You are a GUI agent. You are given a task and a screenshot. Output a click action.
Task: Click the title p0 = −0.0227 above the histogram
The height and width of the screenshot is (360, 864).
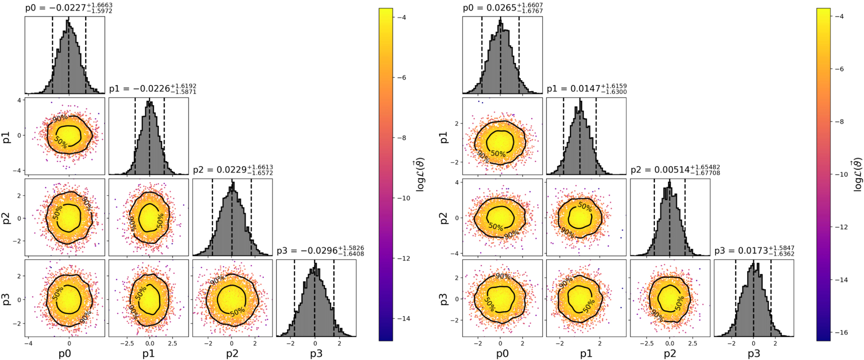69,8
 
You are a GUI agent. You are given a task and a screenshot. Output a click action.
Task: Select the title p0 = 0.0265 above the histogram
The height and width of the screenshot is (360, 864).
502,8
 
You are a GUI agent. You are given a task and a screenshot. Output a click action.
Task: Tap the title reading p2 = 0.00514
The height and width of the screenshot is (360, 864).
675,170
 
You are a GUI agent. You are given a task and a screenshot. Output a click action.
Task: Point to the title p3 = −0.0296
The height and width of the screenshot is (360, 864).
320,251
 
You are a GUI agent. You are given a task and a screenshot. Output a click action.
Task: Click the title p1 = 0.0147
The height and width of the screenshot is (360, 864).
586,88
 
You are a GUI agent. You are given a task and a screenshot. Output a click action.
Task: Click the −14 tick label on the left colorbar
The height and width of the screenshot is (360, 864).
403,318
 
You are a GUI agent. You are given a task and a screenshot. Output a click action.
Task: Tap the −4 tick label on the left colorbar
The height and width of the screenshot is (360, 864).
402,17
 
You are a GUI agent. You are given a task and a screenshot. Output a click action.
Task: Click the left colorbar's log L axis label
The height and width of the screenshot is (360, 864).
420,174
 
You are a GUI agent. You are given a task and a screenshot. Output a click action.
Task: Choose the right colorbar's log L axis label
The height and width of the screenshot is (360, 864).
857,174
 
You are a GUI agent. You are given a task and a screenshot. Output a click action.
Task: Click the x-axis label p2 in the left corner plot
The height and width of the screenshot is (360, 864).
232,353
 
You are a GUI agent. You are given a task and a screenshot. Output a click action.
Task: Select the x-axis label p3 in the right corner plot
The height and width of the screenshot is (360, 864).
754,353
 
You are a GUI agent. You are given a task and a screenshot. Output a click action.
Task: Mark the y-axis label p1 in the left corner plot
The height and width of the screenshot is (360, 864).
7,137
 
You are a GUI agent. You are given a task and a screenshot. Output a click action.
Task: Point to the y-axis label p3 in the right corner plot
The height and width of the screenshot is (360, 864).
444,299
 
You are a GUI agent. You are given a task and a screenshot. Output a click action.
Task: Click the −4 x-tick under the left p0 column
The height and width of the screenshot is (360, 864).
28,344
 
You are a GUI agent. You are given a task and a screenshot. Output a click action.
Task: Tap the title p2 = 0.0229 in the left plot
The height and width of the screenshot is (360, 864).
233,170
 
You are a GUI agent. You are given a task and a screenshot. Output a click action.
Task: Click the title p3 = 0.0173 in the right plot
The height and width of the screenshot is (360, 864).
754,251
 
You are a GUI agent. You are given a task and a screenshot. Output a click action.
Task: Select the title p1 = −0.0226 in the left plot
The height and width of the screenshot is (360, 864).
153,88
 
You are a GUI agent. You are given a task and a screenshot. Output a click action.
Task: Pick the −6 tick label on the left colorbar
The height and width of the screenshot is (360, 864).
402,77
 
